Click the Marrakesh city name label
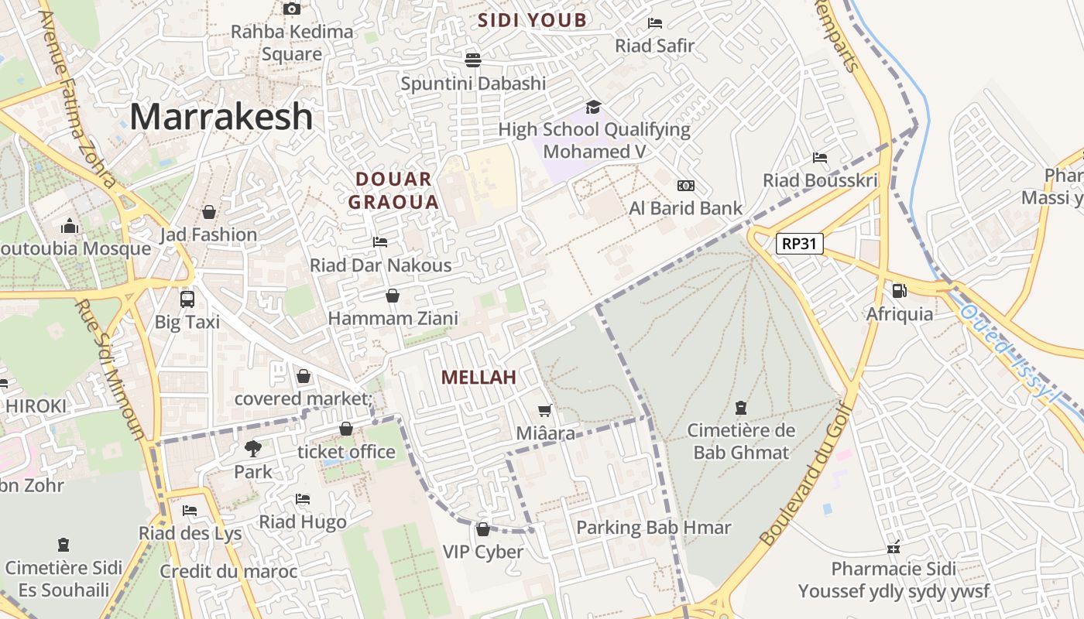point(221,117)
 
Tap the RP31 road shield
point(800,244)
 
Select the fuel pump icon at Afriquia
point(899,291)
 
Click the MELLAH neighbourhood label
point(479,378)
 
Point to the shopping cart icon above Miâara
point(545,410)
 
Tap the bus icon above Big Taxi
point(187,299)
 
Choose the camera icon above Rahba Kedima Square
point(292,9)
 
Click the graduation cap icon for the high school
point(593,107)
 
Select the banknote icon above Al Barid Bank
point(685,186)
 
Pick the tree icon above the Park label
point(252,448)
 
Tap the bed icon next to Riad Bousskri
point(820,158)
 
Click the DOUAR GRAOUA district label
point(393,190)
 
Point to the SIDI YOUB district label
point(532,20)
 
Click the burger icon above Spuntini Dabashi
point(473,60)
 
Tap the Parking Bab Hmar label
point(653,528)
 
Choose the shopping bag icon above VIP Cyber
point(483,529)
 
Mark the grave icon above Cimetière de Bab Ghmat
point(741,407)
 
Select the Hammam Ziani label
point(393,318)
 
